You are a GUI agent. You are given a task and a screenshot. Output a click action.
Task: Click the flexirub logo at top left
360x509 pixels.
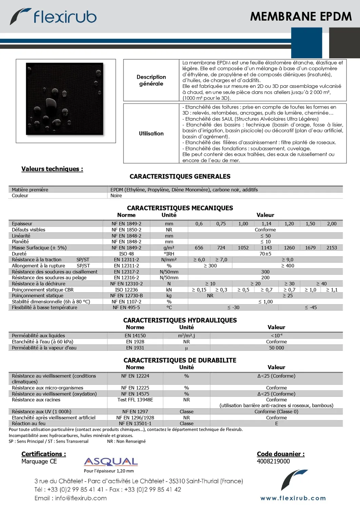pos(54,17)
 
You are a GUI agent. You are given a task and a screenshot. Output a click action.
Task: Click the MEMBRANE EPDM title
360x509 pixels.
pos(301,17)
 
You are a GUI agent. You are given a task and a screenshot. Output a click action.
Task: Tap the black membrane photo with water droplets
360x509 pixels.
pos(64,99)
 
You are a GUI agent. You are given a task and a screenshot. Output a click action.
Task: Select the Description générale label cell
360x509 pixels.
pos(151,80)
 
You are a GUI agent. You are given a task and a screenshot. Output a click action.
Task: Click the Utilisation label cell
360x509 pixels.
pos(151,134)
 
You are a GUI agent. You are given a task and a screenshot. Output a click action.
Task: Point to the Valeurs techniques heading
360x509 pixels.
pos(52,169)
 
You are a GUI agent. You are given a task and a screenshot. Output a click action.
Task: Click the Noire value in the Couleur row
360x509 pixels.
pos(116,196)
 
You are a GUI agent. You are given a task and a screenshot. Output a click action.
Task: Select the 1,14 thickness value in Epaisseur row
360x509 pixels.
pos(266,224)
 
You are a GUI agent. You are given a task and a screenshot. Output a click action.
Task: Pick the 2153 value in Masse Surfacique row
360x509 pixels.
pos(331,248)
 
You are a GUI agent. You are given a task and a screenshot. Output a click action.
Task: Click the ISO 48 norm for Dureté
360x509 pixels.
pos(126,254)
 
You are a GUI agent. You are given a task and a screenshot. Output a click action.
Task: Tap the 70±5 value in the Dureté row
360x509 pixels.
pos(265,254)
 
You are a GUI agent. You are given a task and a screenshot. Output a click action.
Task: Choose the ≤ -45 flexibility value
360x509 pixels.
pos(310,308)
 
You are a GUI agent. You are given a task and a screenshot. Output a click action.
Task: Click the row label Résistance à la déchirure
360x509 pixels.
pos(38,284)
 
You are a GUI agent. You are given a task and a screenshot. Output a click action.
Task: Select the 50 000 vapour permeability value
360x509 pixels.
pos(276,348)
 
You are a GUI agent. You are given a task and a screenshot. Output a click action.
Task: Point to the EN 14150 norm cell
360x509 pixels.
pos(135,336)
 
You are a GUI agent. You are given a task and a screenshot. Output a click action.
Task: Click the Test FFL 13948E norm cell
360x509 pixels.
pos(135,400)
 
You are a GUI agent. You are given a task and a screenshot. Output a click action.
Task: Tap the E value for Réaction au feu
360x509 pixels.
pos(276,423)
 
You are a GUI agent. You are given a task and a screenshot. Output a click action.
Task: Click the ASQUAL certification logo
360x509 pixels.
pos(111,462)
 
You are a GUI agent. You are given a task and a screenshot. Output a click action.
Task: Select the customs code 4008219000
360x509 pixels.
pos(273,461)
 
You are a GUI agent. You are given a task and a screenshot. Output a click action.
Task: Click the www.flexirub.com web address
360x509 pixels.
pos(293,498)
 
